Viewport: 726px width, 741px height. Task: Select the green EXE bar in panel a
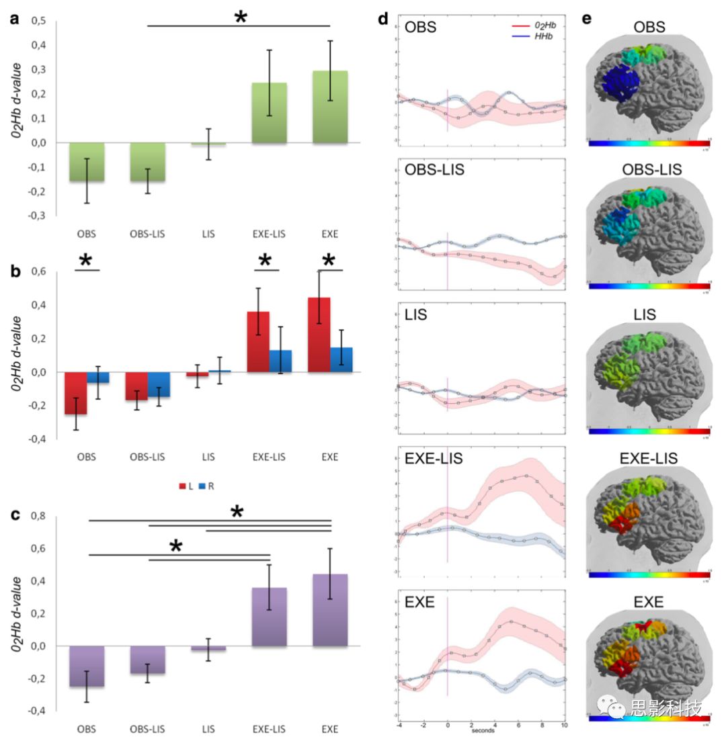click(329, 107)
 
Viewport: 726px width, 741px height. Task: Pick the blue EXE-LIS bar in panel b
click(280, 361)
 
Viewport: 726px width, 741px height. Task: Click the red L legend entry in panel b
click(186, 486)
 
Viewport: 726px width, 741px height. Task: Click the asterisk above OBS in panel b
click(86, 260)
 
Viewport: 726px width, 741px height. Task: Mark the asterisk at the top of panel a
click(240, 17)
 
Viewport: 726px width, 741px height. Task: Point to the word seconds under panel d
click(482, 730)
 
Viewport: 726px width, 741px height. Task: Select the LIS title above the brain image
click(649, 314)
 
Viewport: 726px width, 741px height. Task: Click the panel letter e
click(587, 18)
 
